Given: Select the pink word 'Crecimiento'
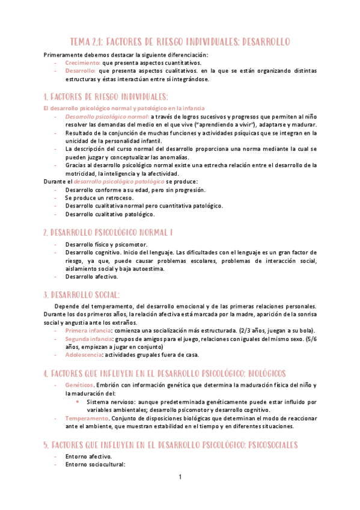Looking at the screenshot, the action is [x=82, y=63].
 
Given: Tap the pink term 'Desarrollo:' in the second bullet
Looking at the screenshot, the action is [x=79, y=70].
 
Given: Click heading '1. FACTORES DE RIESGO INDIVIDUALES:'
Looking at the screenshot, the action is [x=106, y=97].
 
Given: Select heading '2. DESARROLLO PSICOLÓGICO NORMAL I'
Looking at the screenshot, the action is [x=108, y=232].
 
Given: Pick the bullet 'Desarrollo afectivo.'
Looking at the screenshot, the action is [x=92, y=277].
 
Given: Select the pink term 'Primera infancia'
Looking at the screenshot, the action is [x=88, y=331].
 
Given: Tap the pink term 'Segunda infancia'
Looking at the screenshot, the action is [x=90, y=339].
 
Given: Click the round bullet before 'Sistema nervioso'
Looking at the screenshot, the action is [x=78, y=401].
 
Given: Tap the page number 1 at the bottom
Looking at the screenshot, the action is [x=180, y=478].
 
